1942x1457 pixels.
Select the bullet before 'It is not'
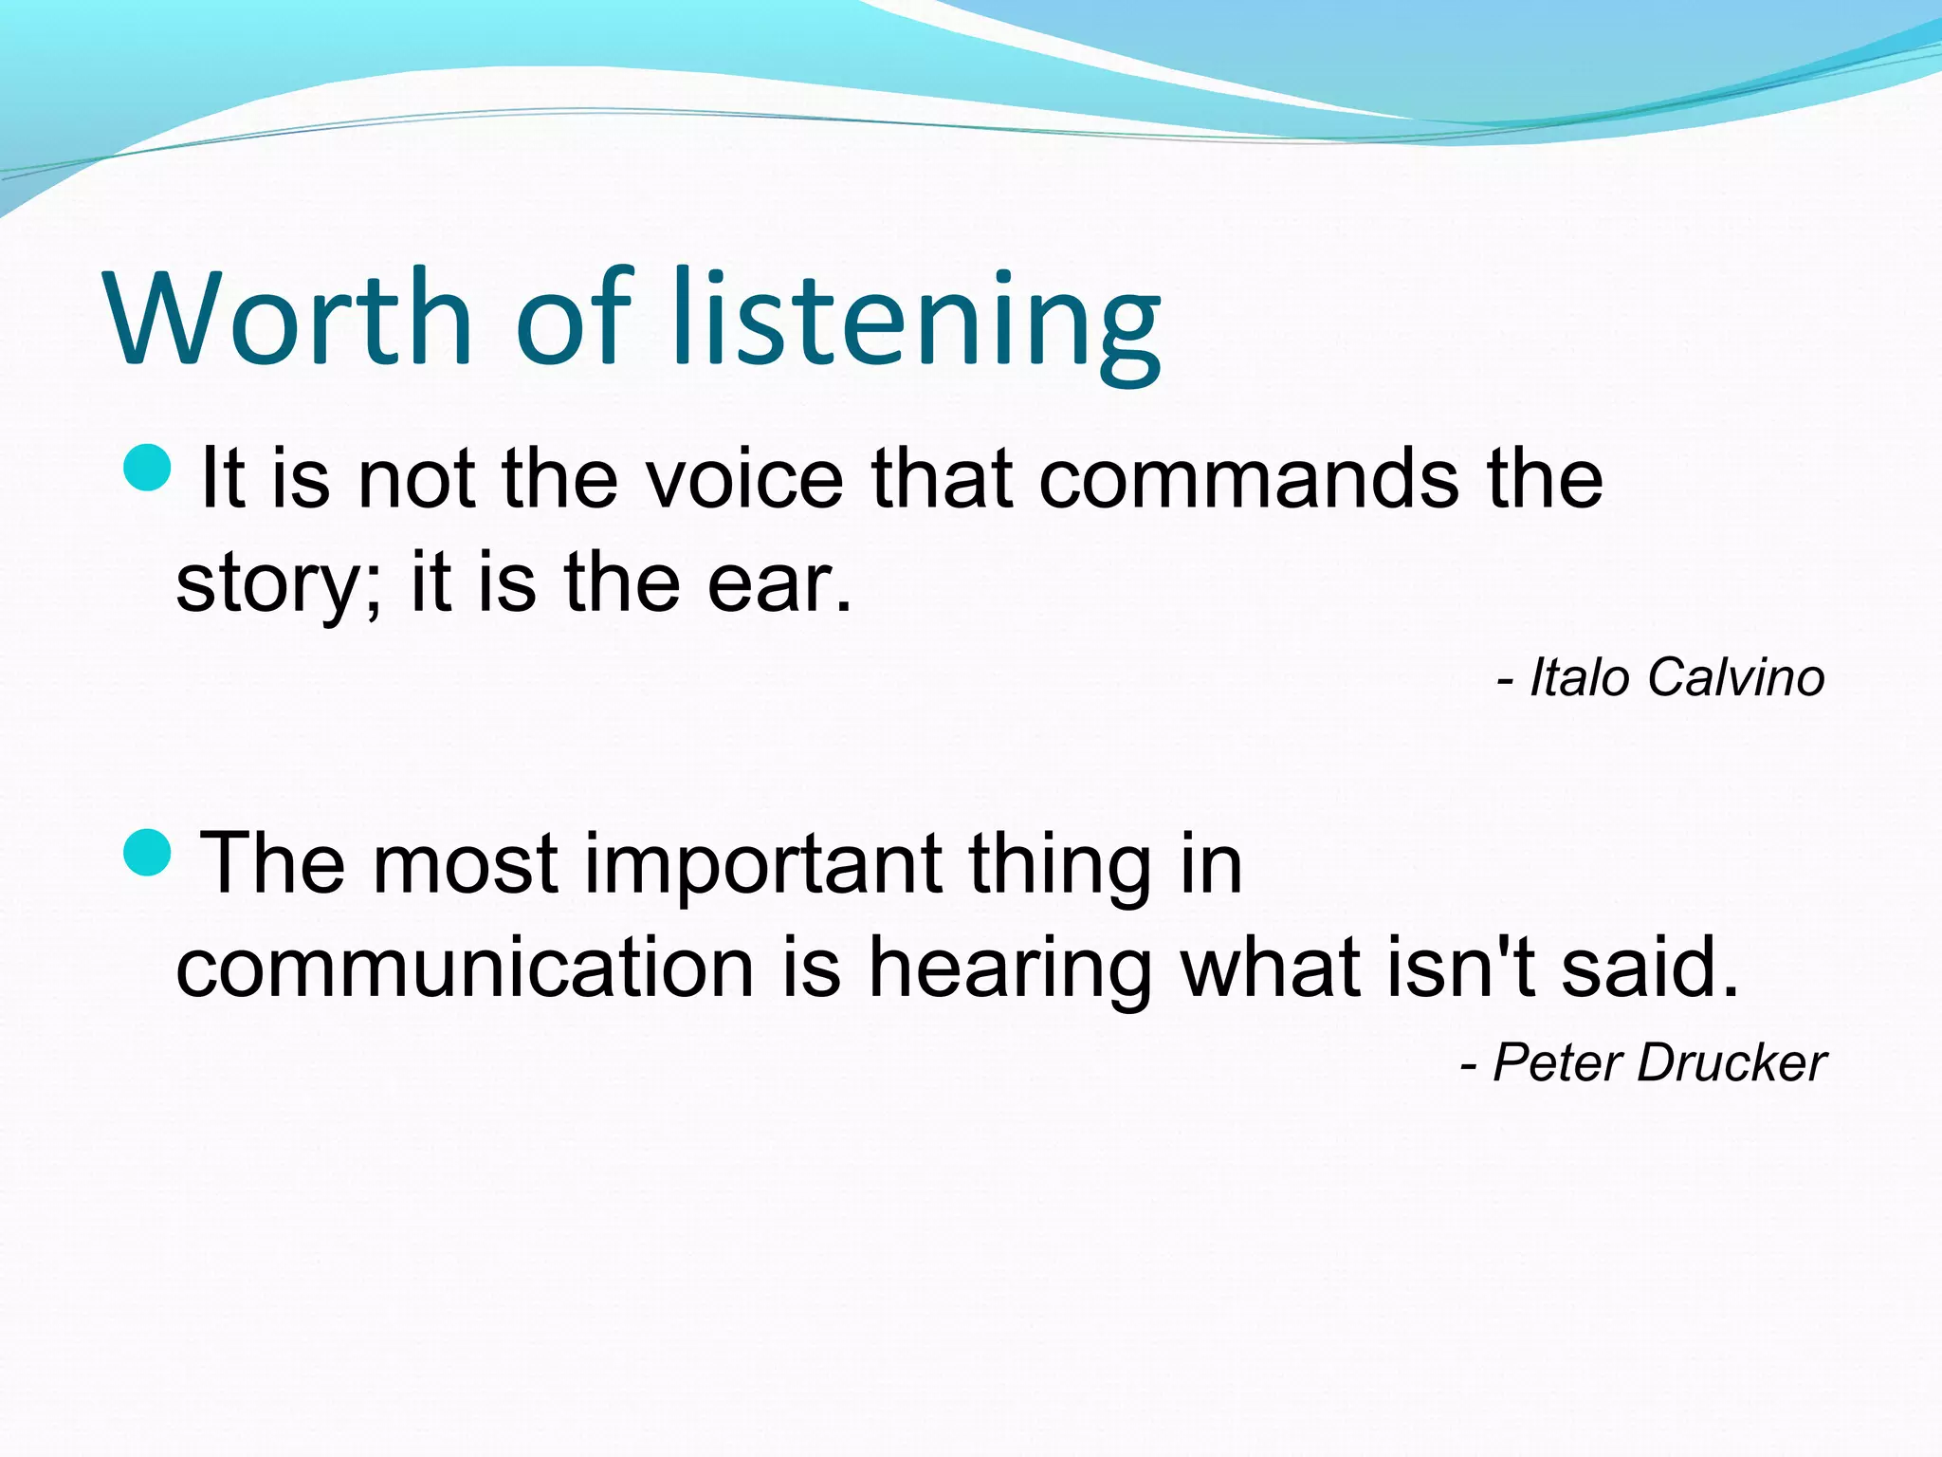148,468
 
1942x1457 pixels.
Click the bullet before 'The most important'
148,851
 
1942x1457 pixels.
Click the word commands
1249,479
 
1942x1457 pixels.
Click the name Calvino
1735,678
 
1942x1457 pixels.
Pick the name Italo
1580,678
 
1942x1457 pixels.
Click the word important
763,865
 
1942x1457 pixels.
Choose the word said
1650,968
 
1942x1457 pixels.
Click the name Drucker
1731,1062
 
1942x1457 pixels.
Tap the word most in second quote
465,865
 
